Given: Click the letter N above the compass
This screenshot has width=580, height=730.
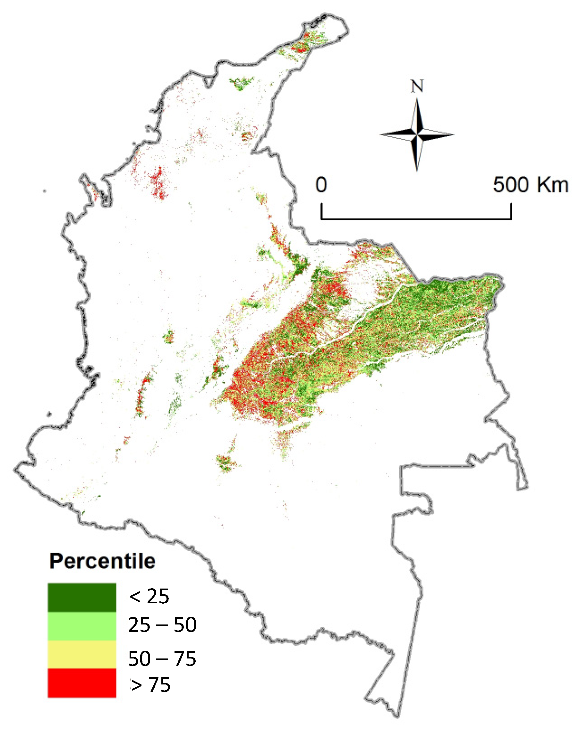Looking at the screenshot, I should (x=417, y=86).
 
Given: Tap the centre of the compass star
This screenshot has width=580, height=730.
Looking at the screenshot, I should (x=417, y=135).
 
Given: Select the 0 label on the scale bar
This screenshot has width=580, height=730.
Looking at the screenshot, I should (x=321, y=185).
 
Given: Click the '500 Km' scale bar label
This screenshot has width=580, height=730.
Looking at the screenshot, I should (x=530, y=185).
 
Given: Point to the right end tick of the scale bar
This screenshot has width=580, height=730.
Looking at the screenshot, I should (x=511, y=211).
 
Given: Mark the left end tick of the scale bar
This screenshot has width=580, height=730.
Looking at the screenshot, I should (x=321, y=211).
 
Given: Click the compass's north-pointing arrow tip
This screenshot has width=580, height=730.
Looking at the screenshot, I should (x=417, y=99).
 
